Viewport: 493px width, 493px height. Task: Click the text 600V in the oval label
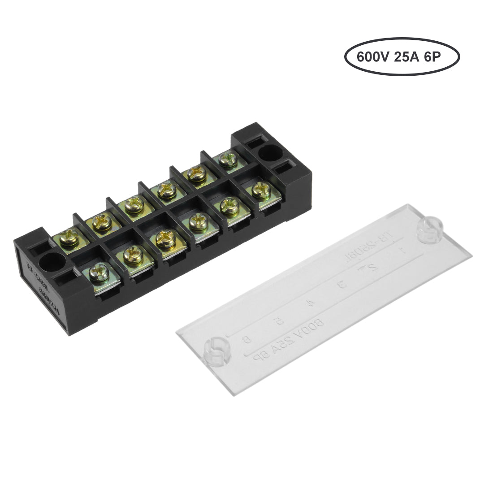click(370, 58)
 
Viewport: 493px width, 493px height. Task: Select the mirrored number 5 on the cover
click(279, 320)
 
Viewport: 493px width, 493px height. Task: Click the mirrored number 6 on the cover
click(246, 340)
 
